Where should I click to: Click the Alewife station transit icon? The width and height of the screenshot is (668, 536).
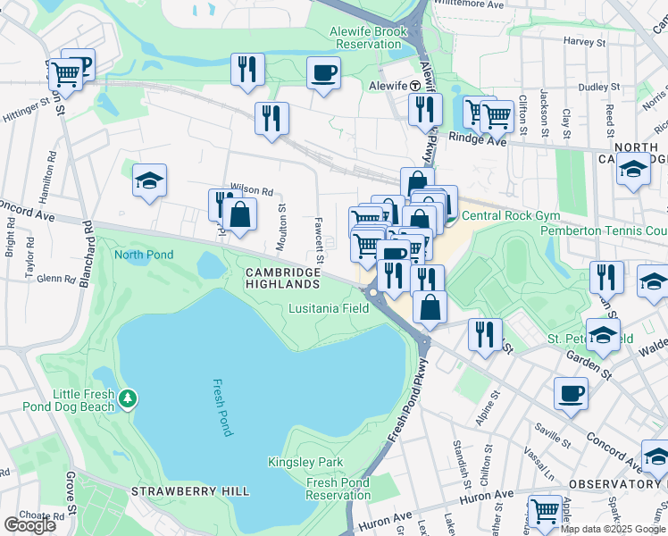click(x=415, y=84)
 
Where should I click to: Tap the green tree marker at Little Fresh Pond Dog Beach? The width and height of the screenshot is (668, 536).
click(x=129, y=396)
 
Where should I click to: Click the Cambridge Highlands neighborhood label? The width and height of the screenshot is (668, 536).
click(x=283, y=278)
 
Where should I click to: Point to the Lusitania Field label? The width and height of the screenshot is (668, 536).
click(x=329, y=308)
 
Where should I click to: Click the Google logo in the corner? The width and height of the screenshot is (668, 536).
click(x=30, y=524)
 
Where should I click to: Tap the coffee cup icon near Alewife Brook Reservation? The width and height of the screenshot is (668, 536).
click(x=323, y=72)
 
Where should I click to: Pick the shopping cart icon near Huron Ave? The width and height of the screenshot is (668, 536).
click(x=545, y=512)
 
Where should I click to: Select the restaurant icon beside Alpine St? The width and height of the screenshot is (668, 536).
click(x=484, y=335)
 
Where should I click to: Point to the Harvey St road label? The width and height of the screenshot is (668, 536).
click(x=585, y=41)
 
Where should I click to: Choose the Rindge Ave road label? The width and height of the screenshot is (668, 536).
click(x=477, y=139)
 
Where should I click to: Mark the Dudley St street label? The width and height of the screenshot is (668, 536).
click(x=592, y=87)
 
